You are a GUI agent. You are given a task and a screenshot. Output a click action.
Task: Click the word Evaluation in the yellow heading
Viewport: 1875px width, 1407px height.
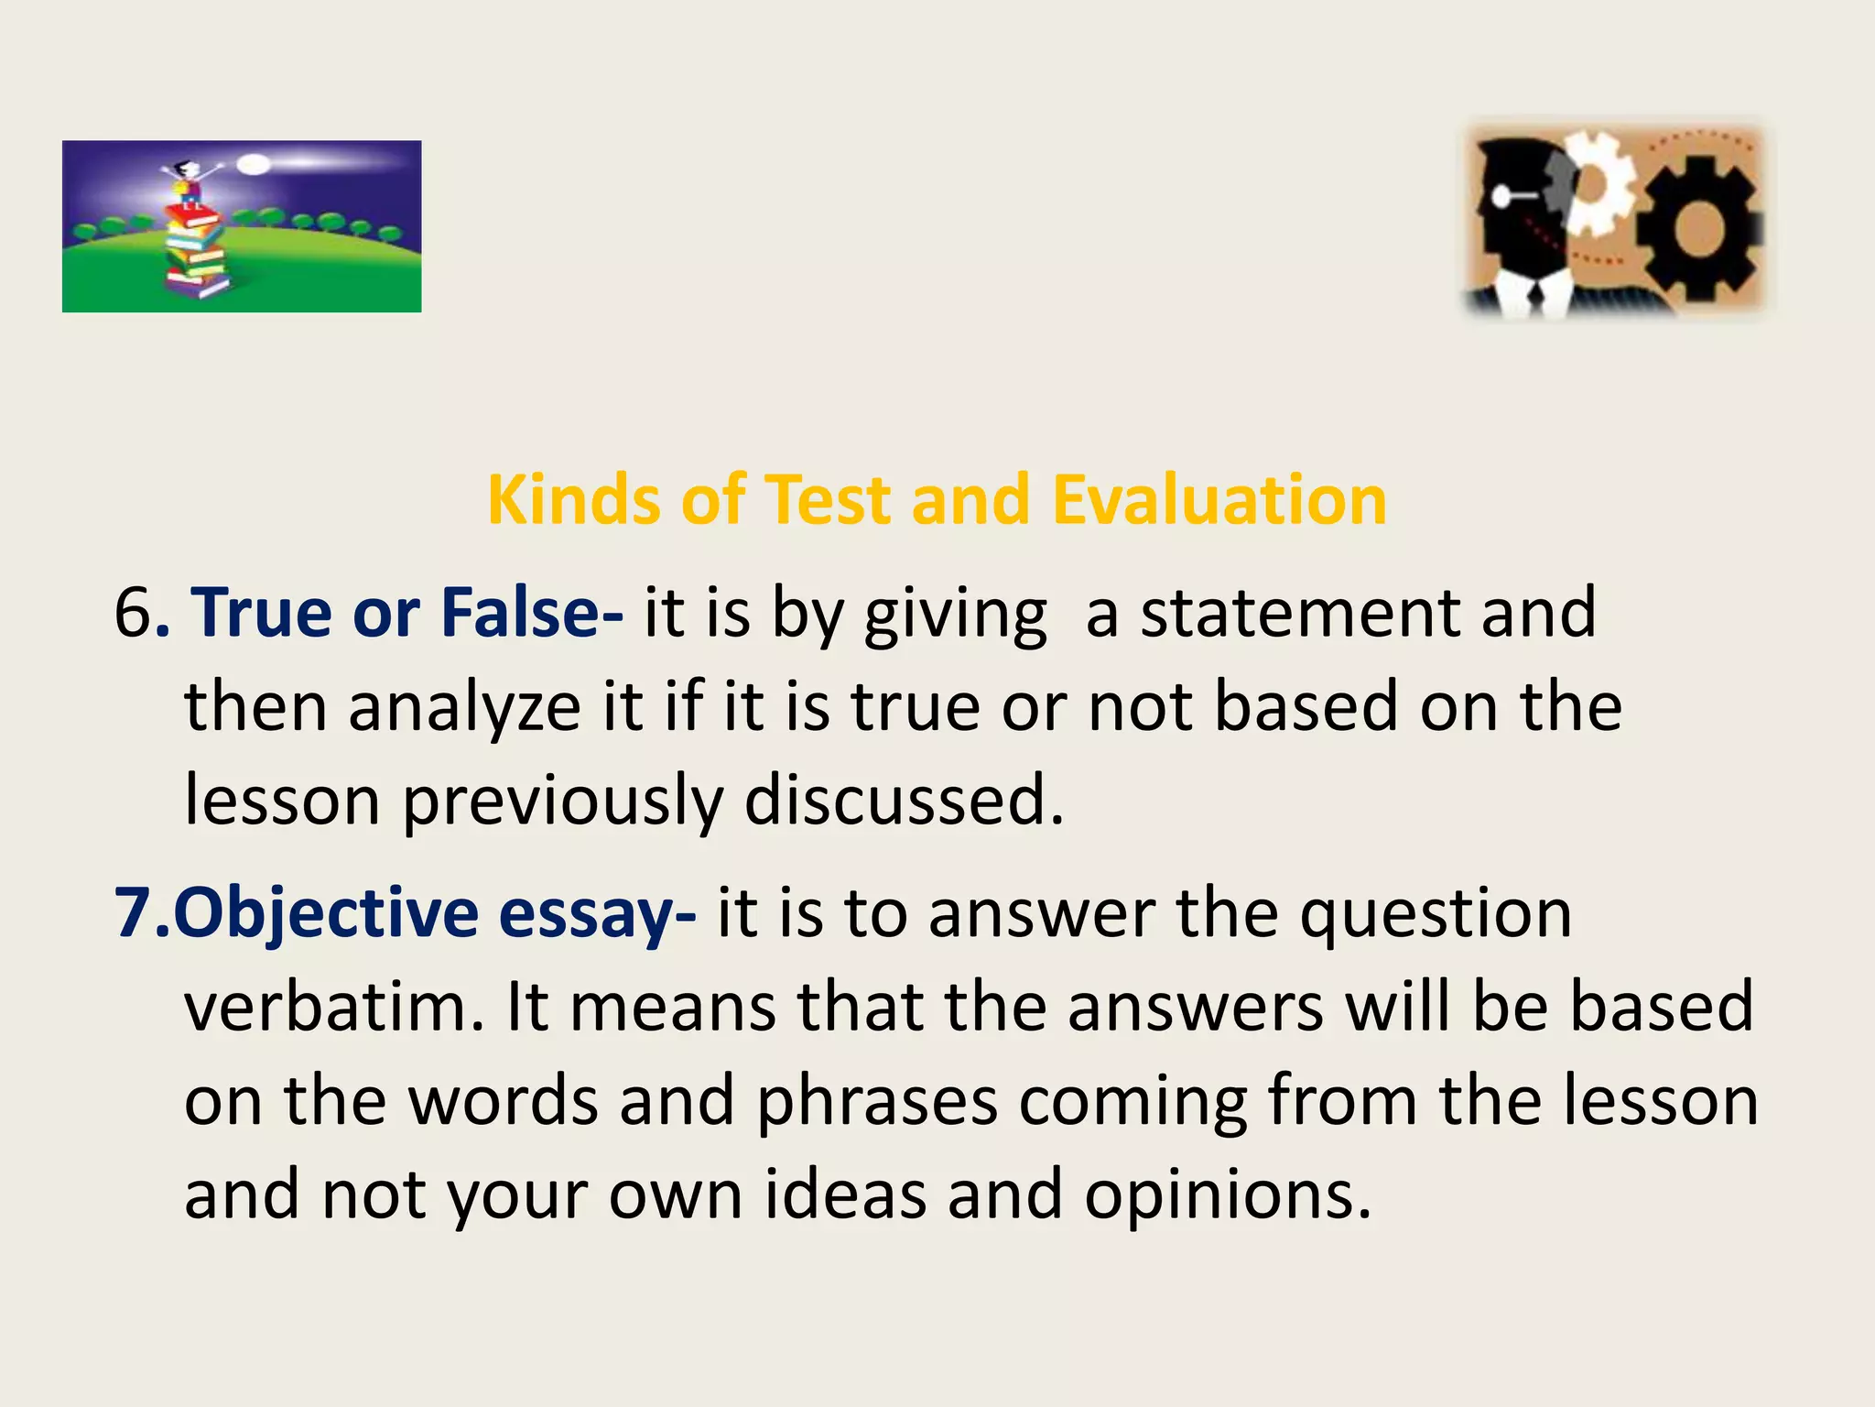click(1219, 500)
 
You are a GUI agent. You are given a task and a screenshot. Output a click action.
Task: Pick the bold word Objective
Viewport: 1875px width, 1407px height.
click(326, 913)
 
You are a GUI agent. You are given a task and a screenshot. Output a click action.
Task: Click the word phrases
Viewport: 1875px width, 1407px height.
click(876, 1102)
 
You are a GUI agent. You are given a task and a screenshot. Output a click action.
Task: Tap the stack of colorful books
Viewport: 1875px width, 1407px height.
click(195, 252)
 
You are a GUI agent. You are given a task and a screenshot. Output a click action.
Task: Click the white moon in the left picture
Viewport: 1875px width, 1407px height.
click(255, 166)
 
